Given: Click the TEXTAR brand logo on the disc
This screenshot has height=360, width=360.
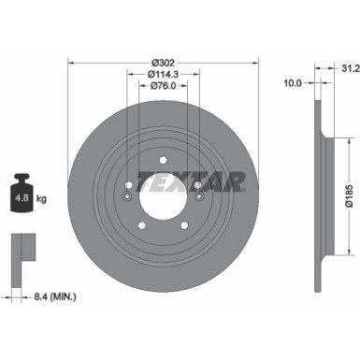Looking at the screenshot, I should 191,179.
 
